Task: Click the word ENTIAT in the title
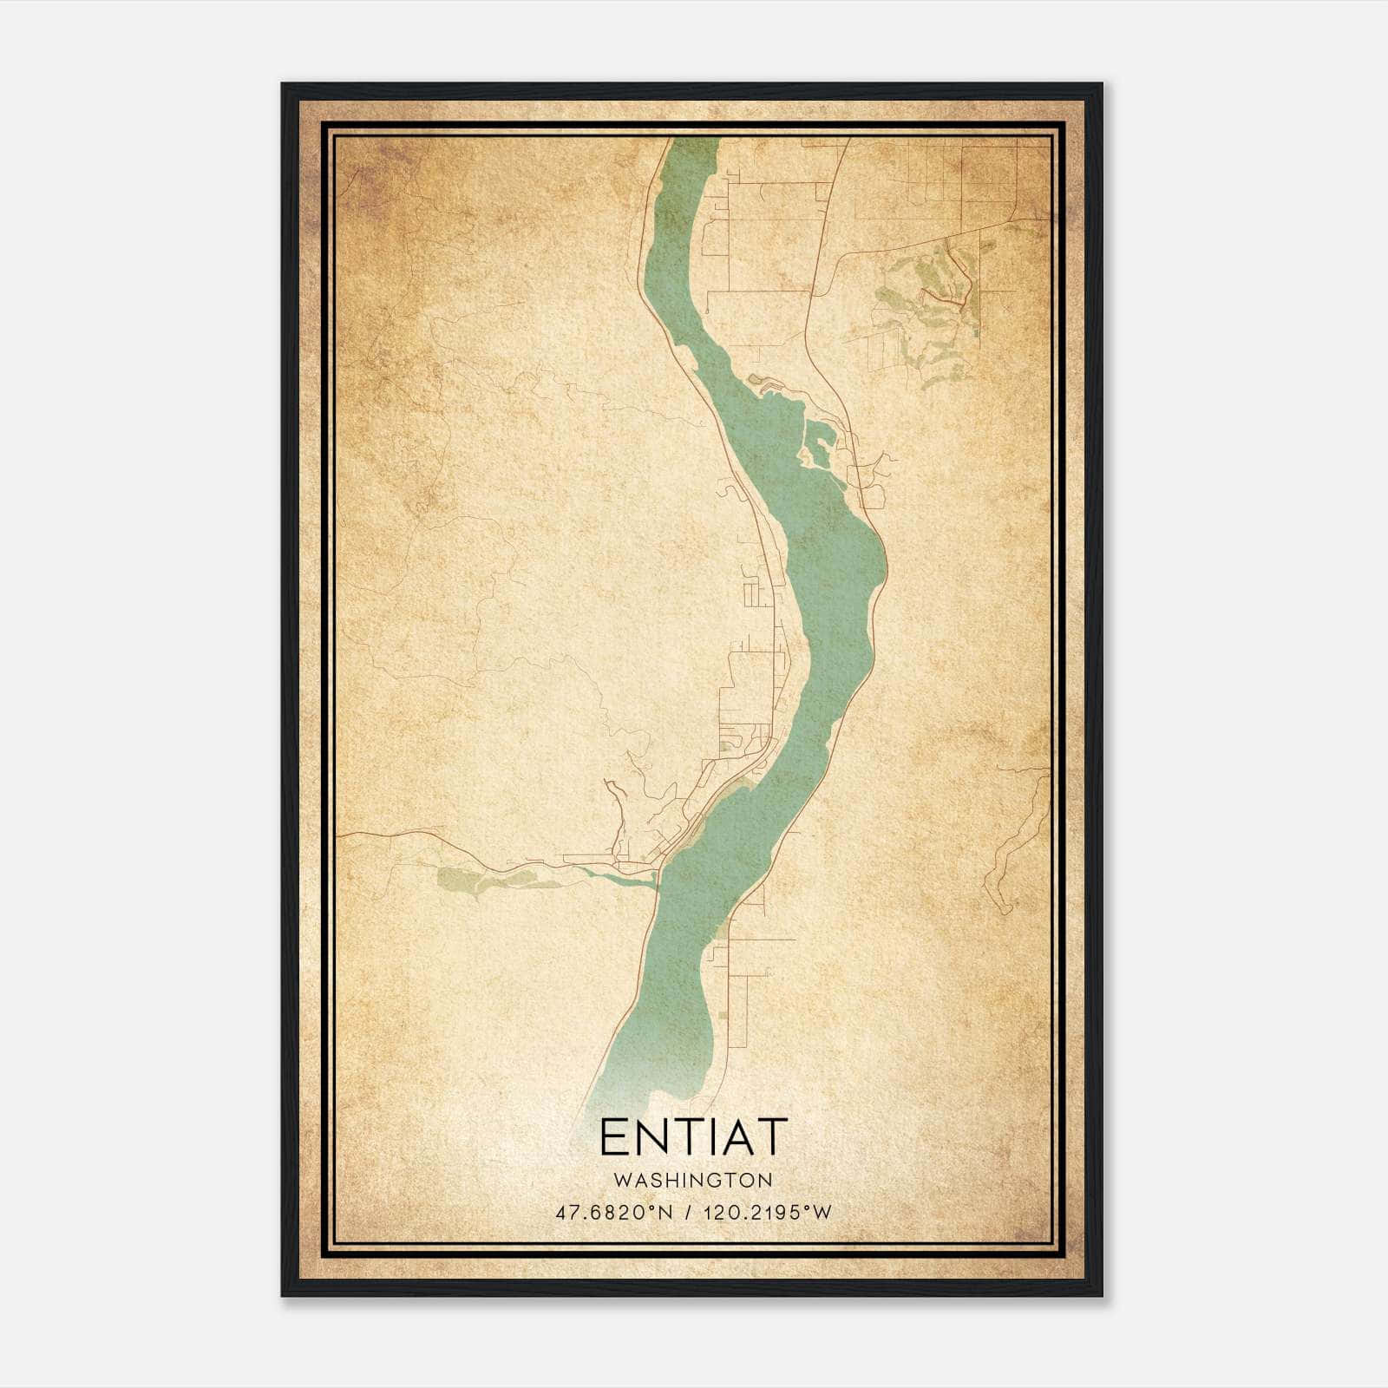point(693,1137)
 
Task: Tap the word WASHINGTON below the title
point(693,1180)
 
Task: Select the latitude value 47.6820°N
point(614,1213)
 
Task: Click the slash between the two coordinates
point(688,1213)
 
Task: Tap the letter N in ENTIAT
point(651,1137)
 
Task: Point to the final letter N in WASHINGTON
point(765,1180)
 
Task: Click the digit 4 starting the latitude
point(560,1213)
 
